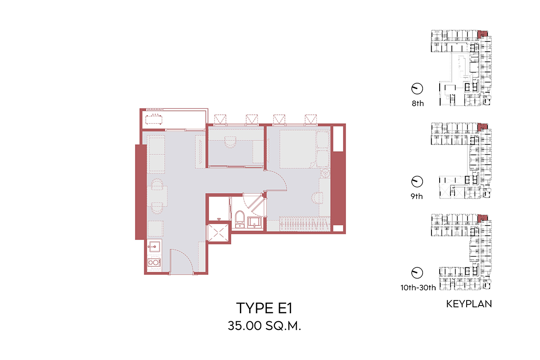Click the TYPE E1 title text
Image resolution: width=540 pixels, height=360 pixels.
click(264, 308)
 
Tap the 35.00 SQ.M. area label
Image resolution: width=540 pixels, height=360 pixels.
click(264, 326)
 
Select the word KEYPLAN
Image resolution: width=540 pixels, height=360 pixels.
click(469, 304)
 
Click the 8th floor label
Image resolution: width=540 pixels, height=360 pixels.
click(418, 103)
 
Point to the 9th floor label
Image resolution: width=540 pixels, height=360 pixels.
click(417, 196)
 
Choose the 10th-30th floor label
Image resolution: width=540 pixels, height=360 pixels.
click(418, 288)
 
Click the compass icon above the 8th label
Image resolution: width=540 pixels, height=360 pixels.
click(417, 89)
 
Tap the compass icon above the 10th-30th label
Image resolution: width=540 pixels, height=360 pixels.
click(417, 273)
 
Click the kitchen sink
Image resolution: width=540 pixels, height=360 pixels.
click(154, 246)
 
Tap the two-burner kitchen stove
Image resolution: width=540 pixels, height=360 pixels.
click(154, 262)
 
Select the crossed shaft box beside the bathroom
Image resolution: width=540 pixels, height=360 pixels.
click(218, 233)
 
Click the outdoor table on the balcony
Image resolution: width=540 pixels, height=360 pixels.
click(154, 119)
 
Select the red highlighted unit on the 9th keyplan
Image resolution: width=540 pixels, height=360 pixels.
click(482, 126)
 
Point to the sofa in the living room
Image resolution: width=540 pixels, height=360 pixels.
click(157, 154)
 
